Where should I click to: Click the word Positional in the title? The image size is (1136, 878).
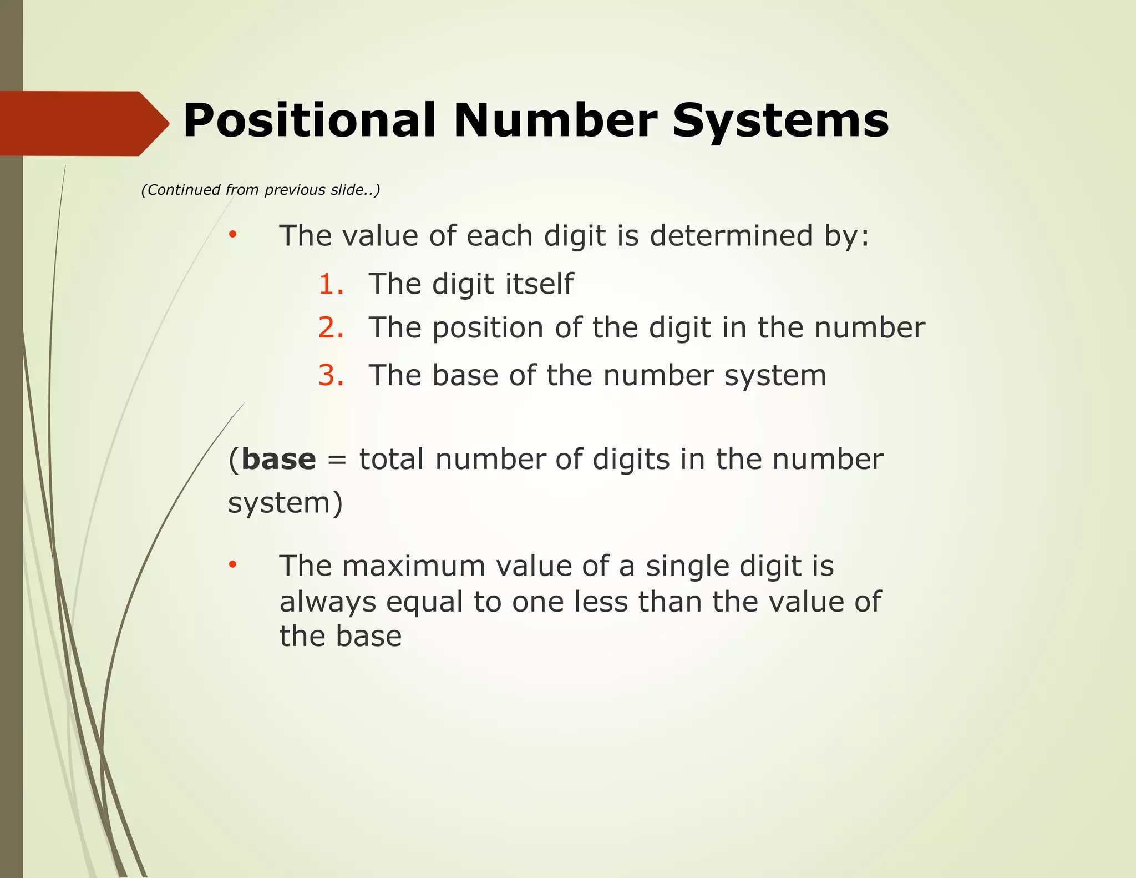tap(308, 120)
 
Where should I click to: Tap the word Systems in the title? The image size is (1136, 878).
tap(780, 120)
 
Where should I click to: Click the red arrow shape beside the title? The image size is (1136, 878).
tap(83, 123)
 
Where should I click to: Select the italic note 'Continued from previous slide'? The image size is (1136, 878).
tap(261, 190)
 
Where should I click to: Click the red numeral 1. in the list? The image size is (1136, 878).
tap(331, 284)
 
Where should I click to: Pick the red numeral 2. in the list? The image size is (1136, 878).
tap(331, 327)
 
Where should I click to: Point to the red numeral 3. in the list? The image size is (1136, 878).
tap(331, 375)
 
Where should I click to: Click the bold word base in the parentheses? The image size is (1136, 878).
tap(278, 460)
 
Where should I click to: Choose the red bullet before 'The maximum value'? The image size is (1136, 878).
tap(233, 566)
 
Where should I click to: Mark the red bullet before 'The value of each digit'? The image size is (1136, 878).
tap(233, 235)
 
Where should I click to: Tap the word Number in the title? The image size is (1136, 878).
tap(555, 120)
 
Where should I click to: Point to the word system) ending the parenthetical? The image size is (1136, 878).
tap(285, 503)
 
